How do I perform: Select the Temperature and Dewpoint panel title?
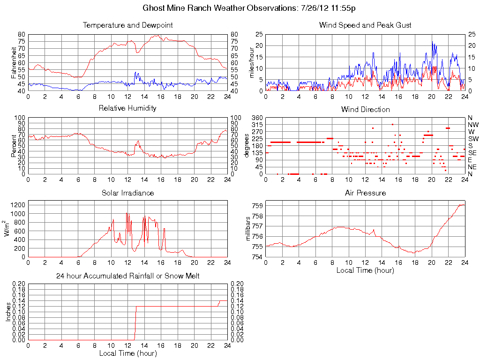[x=127, y=25]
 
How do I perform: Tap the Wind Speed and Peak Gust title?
[x=365, y=25]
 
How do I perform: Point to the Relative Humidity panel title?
[x=127, y=108]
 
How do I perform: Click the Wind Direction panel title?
[x=365, y=109]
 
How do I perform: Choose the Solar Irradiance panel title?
[x=127, y=193]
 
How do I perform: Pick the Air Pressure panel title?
[x=365, y=193]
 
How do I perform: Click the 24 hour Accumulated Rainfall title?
[x=127, y=276]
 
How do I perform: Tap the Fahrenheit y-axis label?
[x=14, y=62]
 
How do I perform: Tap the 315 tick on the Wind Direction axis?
[x=256, y=125]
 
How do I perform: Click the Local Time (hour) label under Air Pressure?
[x=365, y=270]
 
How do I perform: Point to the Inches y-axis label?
[x=8, y=312]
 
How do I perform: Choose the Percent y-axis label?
[x=14, y=145]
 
